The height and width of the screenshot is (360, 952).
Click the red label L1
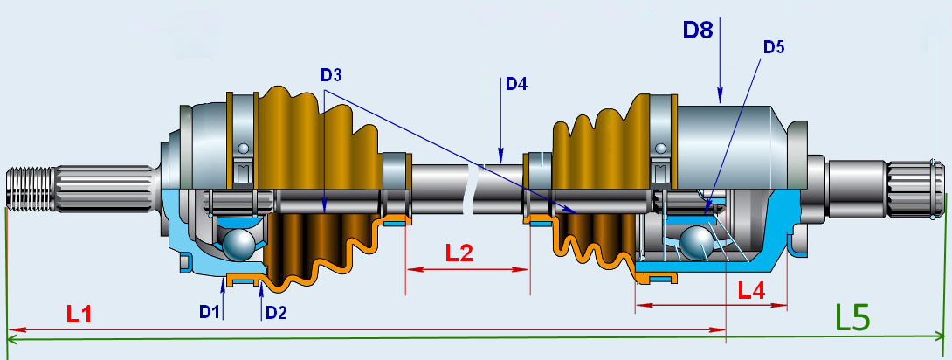coord(79,313)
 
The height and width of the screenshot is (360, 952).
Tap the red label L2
coord(459,253)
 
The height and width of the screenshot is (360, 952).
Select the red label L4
coord(752,290)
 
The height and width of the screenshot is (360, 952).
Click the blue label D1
coord(208,311)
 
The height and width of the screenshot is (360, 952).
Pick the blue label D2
coord(277,311)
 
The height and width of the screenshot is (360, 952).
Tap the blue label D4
coord(516,85)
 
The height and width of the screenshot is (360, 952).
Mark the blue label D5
coord(774,47)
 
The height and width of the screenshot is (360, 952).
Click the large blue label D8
coord(699,31)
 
